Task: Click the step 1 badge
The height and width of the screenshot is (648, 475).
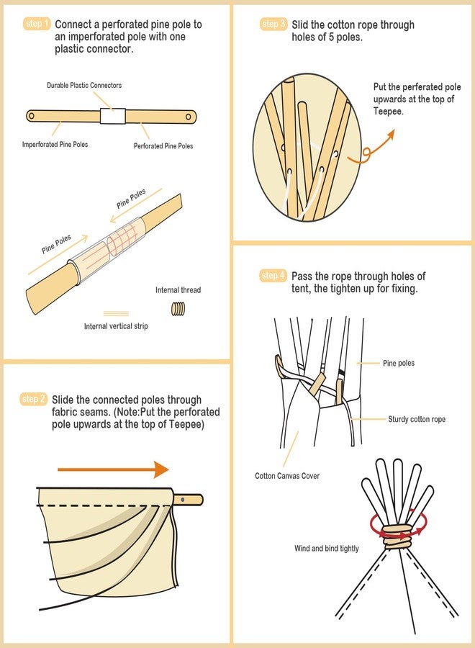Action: tap(37, 24)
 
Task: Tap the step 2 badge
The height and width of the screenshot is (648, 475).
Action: tap(34, 399)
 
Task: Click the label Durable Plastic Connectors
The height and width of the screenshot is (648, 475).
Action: tap(84, 85)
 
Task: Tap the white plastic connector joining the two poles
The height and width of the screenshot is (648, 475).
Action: tap(112, 116)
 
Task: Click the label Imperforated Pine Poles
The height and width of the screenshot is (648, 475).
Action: tap(55, 145)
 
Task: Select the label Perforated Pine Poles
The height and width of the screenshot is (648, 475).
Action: tap(163, 145)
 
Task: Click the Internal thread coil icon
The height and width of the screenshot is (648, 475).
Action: tap(178, 308)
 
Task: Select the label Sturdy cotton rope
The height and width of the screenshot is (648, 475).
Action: tap(417, 419)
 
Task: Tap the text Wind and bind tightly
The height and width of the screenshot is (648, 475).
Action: tap(326, 549)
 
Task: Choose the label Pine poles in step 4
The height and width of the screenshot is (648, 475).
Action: tap(399, 363)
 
